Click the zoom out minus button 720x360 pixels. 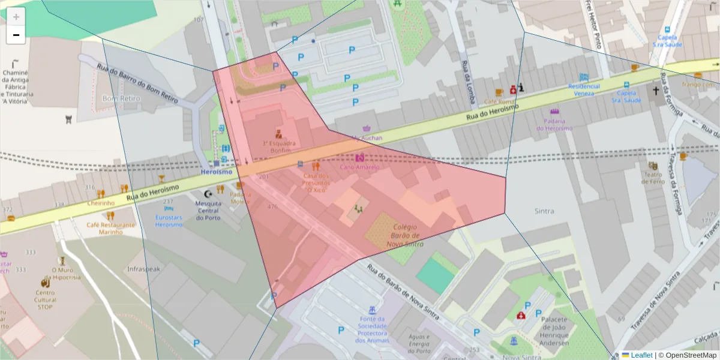(16, 35)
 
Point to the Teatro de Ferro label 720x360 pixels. (654, 178)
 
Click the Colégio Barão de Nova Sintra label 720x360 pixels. (405, 236)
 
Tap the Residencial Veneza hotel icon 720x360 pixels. (584, 77)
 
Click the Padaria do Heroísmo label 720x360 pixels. (554, 124)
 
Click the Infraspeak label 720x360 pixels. (144, 269)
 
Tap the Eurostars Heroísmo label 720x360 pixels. (169, 220)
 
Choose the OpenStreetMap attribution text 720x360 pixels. (687, 355)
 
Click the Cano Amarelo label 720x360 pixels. (359, 167)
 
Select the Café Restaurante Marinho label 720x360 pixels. (110, 228)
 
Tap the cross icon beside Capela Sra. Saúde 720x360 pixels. (656, 92)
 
